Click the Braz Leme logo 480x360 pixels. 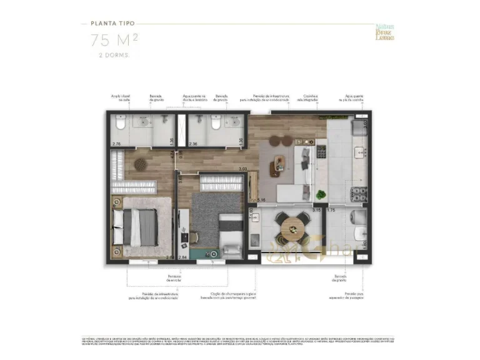click(x=384, y=32)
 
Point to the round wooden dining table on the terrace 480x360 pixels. click(x=292, y=228)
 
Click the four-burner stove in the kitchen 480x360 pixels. click(x=360, y=194)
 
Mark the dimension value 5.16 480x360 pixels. click(x=261, y=200)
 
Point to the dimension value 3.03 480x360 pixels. click(x=243, y=169)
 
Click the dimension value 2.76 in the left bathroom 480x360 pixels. click(x=116, y=145)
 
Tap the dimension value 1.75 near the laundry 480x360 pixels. click(x=332, y=210)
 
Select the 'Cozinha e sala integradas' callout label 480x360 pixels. click(x=304, y=98)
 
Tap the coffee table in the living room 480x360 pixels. click(x=276, y=167)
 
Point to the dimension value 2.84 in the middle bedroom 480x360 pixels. click(x=182, y=257)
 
